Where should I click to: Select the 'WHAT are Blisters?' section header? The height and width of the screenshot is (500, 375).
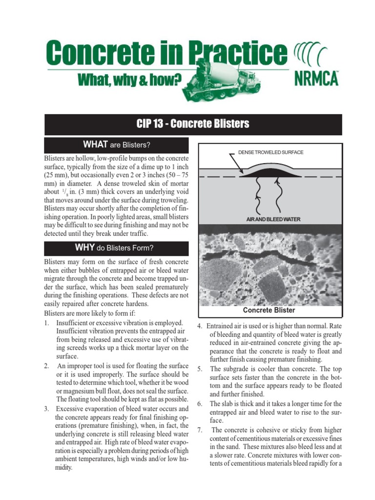click(116, 145)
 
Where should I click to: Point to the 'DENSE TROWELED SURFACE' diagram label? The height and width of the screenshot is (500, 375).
click(271, 152)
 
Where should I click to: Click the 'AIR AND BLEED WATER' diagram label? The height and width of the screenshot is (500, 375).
click(273, 219)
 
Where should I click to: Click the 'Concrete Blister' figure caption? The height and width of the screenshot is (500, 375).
click(269, 310)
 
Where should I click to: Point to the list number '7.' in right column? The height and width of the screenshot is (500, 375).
click(200, 430)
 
